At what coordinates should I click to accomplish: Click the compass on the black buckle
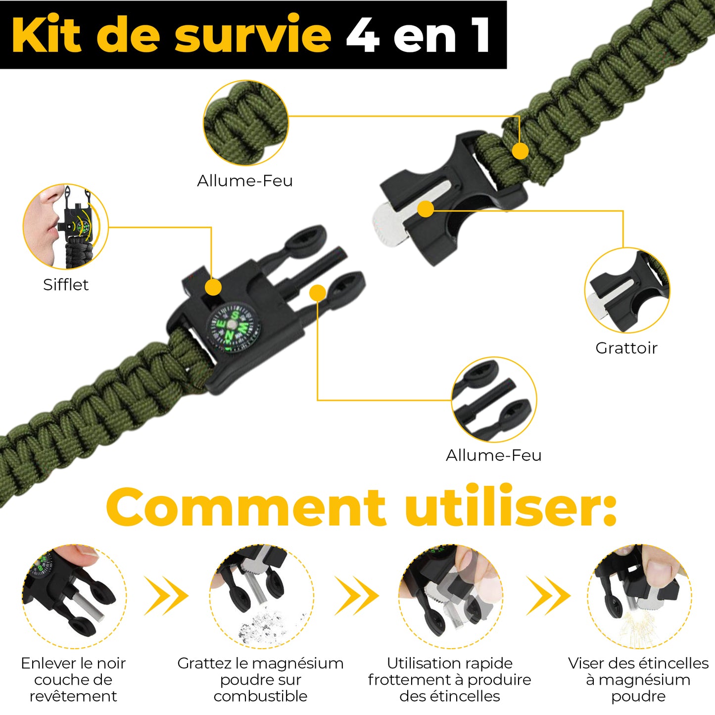(233, 328)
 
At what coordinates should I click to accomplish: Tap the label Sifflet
(66, 285)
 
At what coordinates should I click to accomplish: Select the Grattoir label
(626, 348)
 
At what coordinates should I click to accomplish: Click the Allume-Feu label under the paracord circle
(245, 181)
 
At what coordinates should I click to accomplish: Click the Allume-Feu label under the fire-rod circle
(493, 455)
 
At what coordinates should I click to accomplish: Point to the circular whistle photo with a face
(65, 227)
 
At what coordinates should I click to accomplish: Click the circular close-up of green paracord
(246, 123)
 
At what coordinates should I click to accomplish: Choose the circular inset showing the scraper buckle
(627, 290)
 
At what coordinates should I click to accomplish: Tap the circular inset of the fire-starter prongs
(494, 400)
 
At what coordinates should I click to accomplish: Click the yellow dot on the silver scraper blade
(426, 209)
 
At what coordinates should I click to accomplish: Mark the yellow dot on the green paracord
(520, 151)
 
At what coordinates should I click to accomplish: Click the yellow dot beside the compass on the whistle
(213, 287)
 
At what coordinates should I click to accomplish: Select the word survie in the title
(253, 35)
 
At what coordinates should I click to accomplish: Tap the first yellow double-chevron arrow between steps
(166, 596)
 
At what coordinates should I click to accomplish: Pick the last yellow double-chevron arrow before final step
(548, 596)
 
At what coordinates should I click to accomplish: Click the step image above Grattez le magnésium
(261, 596)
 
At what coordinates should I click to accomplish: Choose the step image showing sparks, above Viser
(639, 596)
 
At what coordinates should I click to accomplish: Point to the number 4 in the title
(363, 35)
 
